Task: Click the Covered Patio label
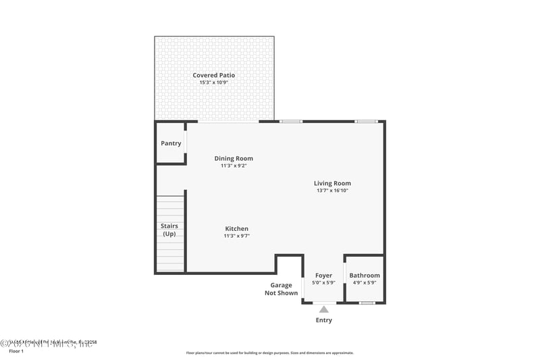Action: click(214, 75)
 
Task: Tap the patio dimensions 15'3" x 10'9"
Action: click(214, 82)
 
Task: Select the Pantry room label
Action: click(171, 143)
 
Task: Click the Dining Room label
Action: click(234, 159)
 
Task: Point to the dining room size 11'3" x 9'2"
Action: click(234, 166)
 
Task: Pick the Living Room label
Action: click(332, 183)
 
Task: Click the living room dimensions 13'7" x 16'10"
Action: click(332, 190)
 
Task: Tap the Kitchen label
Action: click(236, 229)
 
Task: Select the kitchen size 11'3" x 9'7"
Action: click(236, 236)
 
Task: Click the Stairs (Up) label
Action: click(169, 230)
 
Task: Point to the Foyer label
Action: click(324, 276)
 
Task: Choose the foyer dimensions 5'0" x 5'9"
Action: click(324, 283)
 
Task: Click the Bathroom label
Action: click(364, 276)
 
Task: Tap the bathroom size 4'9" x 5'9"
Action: click(364, 283)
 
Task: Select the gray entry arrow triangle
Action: click(324, 310)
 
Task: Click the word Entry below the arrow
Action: click(324, 320)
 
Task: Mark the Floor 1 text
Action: click(16, 351)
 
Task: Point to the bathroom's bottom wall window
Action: click(367, 303)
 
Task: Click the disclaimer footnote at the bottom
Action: click(269, 353)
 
